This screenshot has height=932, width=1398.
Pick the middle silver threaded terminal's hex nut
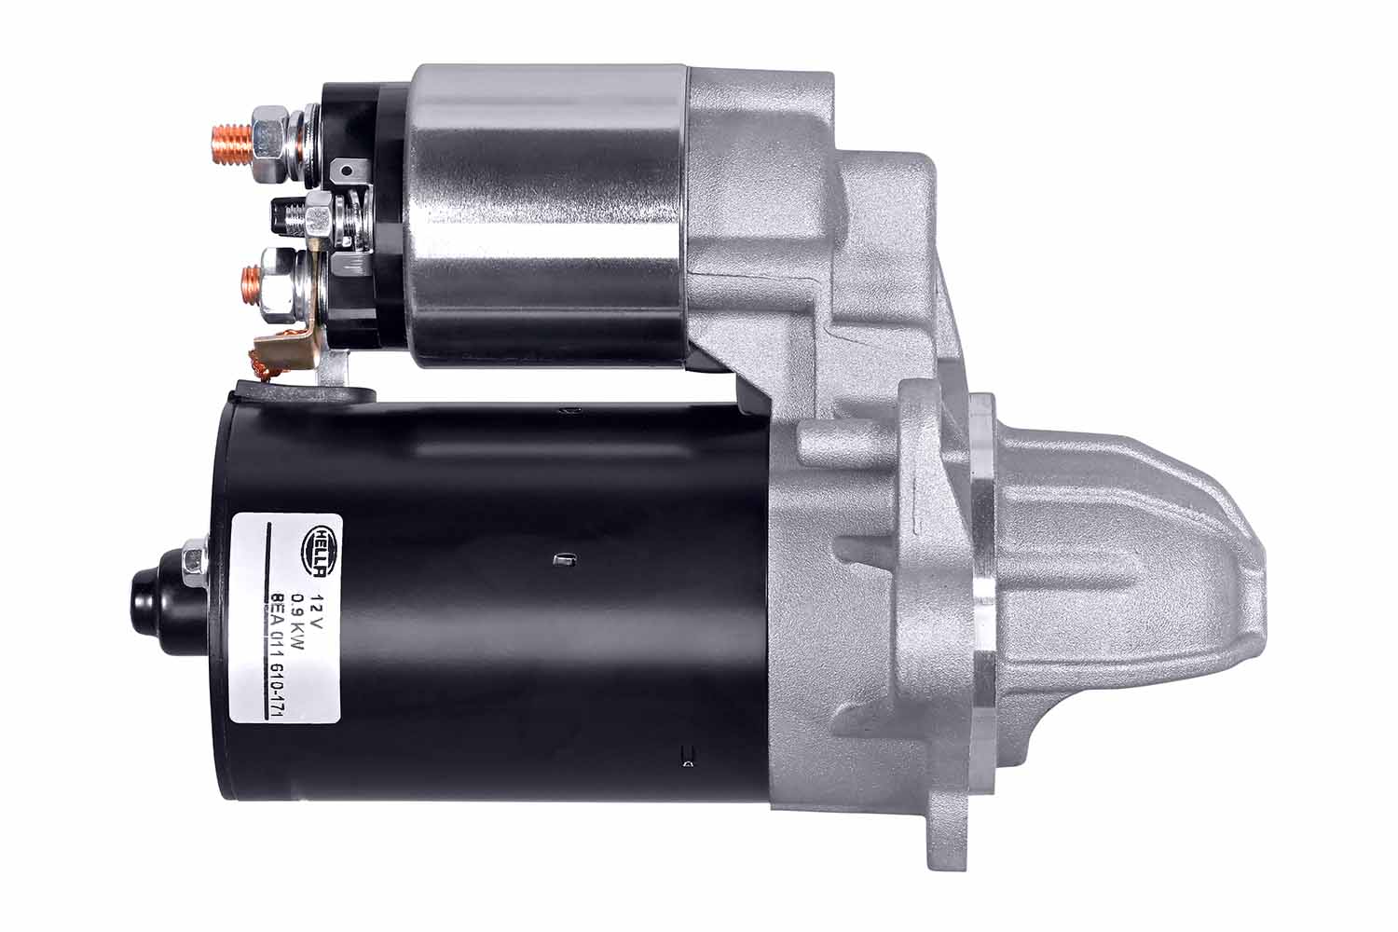click(x=320, y=216)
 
